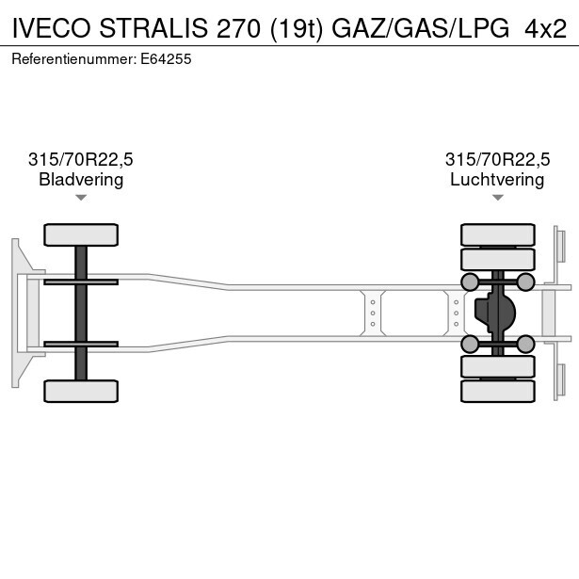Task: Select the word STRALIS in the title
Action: pyautogui.click(x=153, y=28)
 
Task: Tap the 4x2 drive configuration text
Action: pyautogui.click(x=546, y=28)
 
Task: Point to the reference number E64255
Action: pyautogui.click(x=166, y=59)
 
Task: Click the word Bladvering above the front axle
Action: pyautogui.click(x=81, y=180)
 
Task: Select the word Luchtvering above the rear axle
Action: pyautogui.click(x=497, y=180)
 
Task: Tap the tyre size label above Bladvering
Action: pyautogui.click(x=81, y=159)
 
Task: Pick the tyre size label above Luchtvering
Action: pyautogui.click(x=497, y=159)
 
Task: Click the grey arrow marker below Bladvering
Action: pyautogui.click(x=81, y=198)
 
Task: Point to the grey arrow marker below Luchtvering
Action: pyautogui.click(x=498, y=198)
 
